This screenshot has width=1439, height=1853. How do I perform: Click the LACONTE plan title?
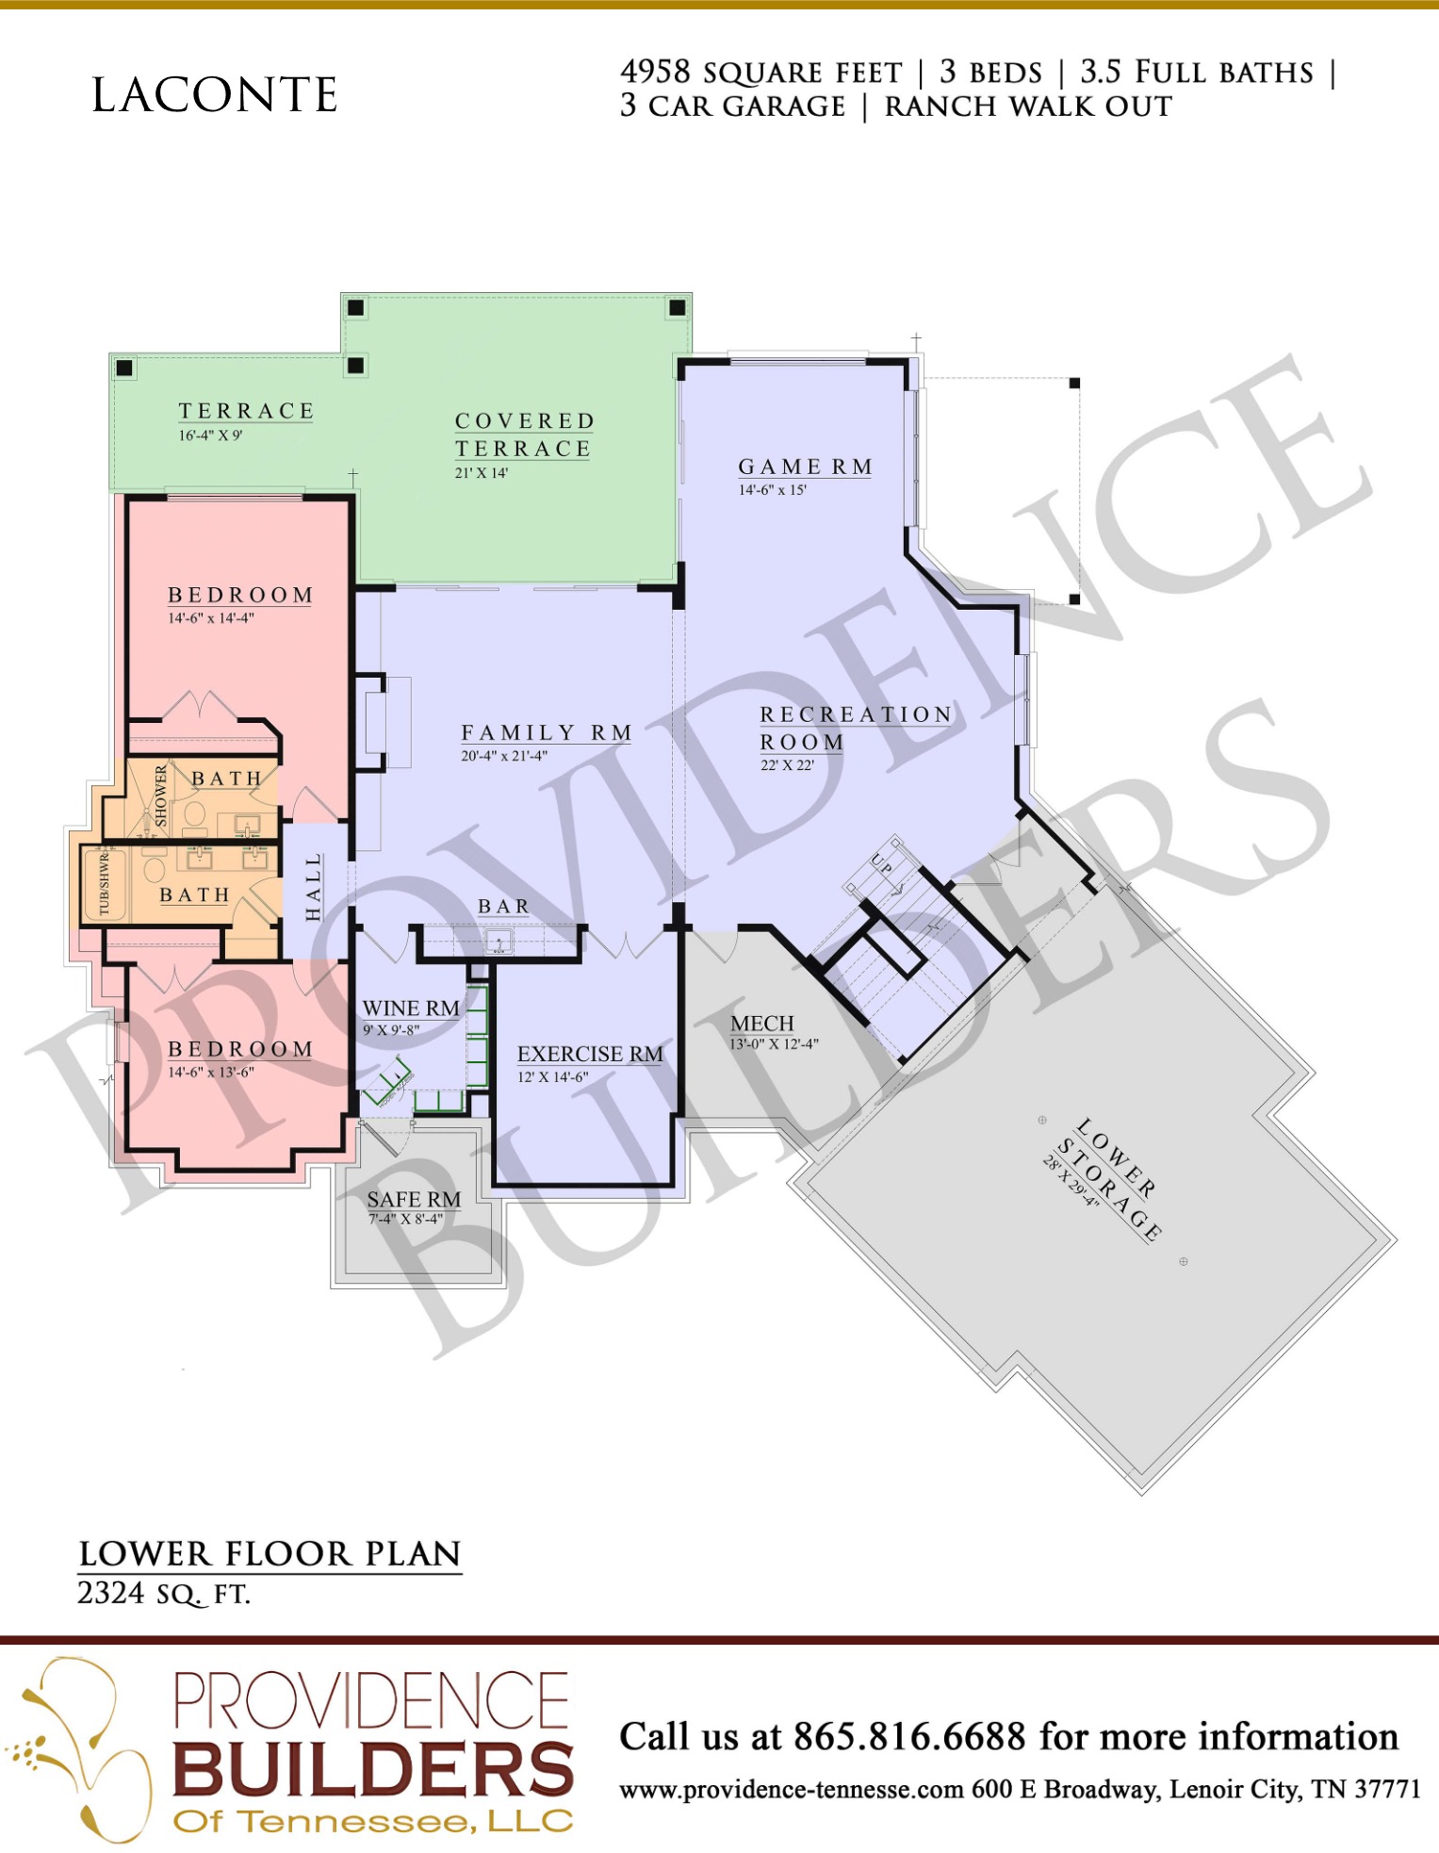pos(214,95)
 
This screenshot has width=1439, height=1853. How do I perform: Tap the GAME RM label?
pos(806,467)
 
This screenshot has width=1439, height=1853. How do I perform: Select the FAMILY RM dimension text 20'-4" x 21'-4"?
pos(504,756)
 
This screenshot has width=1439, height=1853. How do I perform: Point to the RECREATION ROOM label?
pos(857,729)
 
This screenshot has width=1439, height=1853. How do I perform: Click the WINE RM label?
pos(411,1008)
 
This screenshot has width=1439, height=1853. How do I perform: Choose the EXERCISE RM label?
pos(590,1054)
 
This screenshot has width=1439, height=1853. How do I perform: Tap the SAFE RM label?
pos(414,1199)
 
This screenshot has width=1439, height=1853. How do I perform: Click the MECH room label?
pos(762,1024)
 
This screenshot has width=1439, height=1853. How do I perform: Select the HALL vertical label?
pos(314,887)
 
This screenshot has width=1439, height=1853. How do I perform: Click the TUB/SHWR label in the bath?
pos(104,883)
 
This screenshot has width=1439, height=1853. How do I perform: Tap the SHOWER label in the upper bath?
pos(161,796)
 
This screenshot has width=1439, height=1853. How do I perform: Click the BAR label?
pos(504,907)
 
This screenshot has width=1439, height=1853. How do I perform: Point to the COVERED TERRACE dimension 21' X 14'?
pos(482,473)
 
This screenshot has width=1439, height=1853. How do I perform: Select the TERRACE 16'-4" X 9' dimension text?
pos(210,435)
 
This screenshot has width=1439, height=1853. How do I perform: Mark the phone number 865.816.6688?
pos(909,1736)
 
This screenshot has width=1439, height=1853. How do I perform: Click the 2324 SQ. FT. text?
pos(163,1594)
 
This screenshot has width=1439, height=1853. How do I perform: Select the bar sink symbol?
pos(499,941)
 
